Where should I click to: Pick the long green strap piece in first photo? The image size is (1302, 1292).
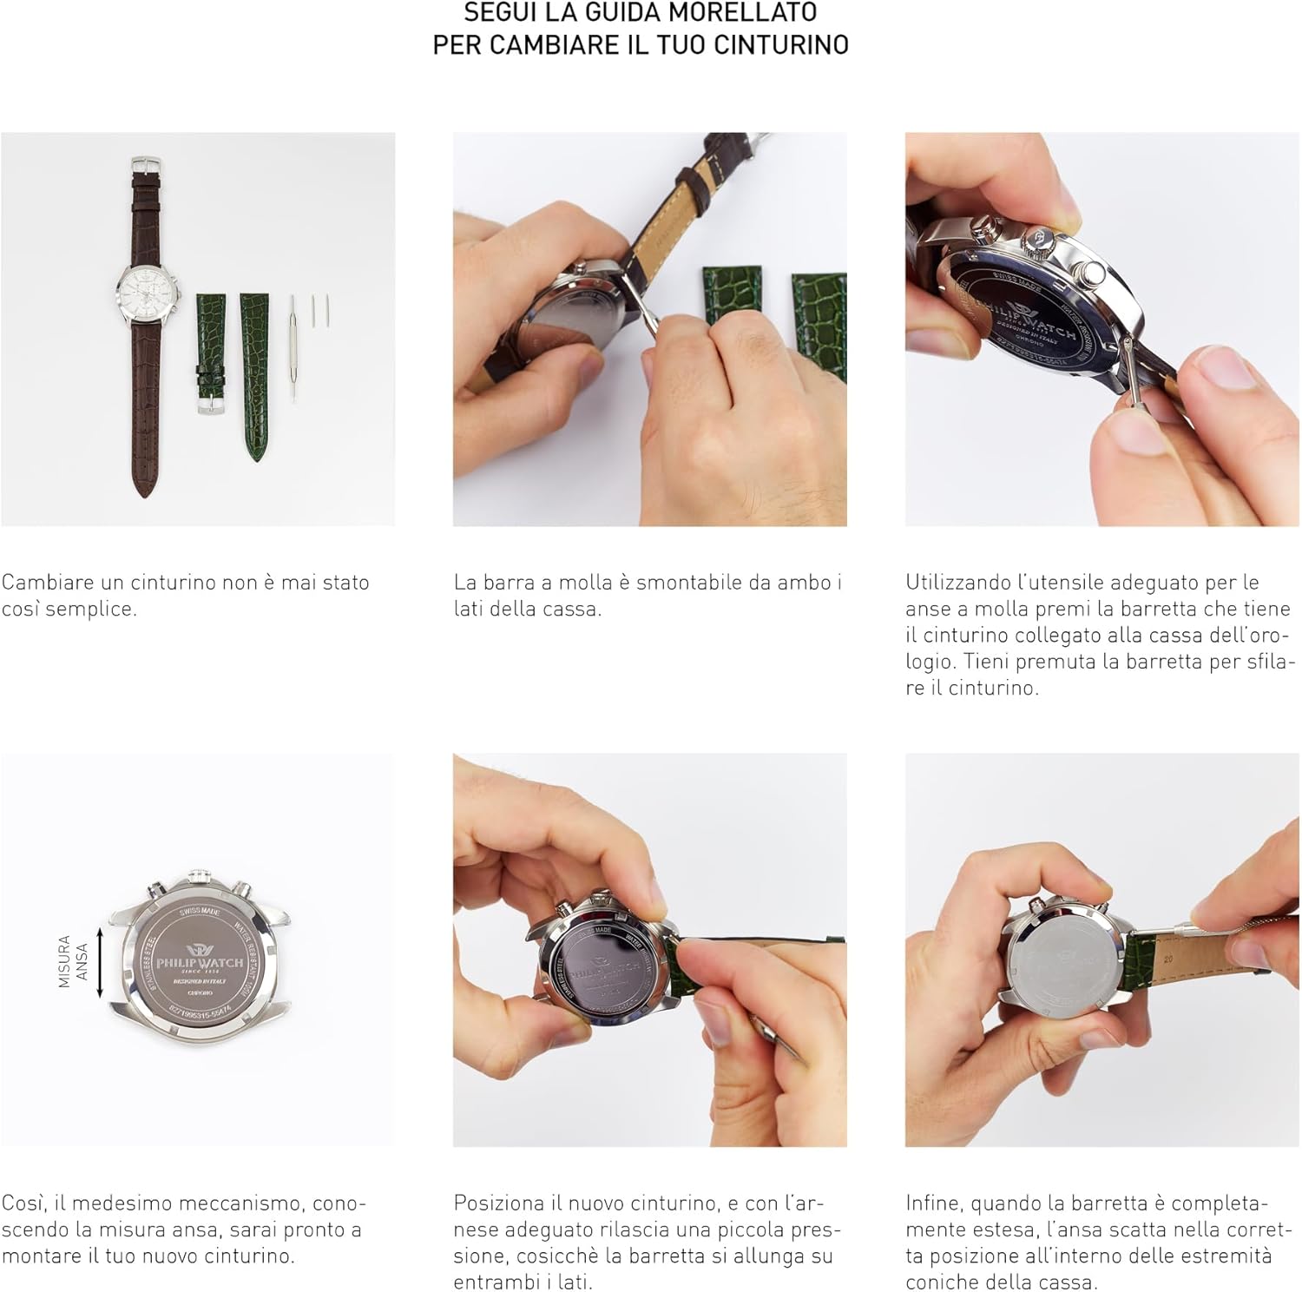pyautogui.click(x=255, y=373)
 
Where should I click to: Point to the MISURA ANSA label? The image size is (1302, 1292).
pyautogui.click(x=73, y=960)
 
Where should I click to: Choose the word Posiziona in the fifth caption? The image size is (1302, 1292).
pyautogui.click(x=499, y=1203)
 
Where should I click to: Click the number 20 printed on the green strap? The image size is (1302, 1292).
pyautogui.click(x=1167, y=959)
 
